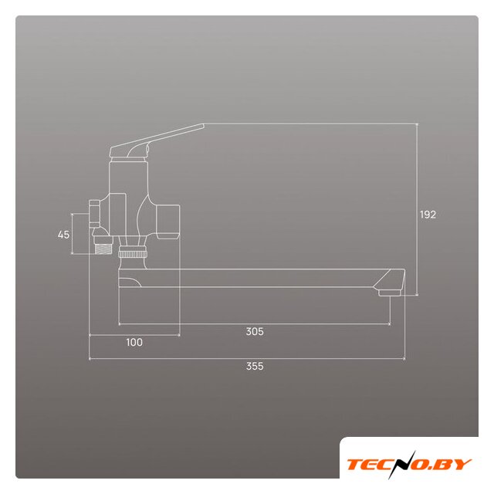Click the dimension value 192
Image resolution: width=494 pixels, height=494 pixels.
tap(428, 215)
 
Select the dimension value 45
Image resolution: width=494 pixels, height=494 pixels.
tap(63, 235)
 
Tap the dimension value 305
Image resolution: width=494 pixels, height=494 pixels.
tap(255, 331)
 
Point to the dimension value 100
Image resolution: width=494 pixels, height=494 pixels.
tap(134, 342)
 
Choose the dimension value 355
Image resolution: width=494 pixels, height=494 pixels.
tap(255, 366)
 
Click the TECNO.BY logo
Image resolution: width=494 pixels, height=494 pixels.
tap(409, 465)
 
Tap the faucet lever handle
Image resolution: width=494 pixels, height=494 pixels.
tap(157, 140)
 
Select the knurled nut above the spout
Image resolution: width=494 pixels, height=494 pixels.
tap(132, 253)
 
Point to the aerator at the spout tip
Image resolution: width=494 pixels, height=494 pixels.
tap(389, 293)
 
